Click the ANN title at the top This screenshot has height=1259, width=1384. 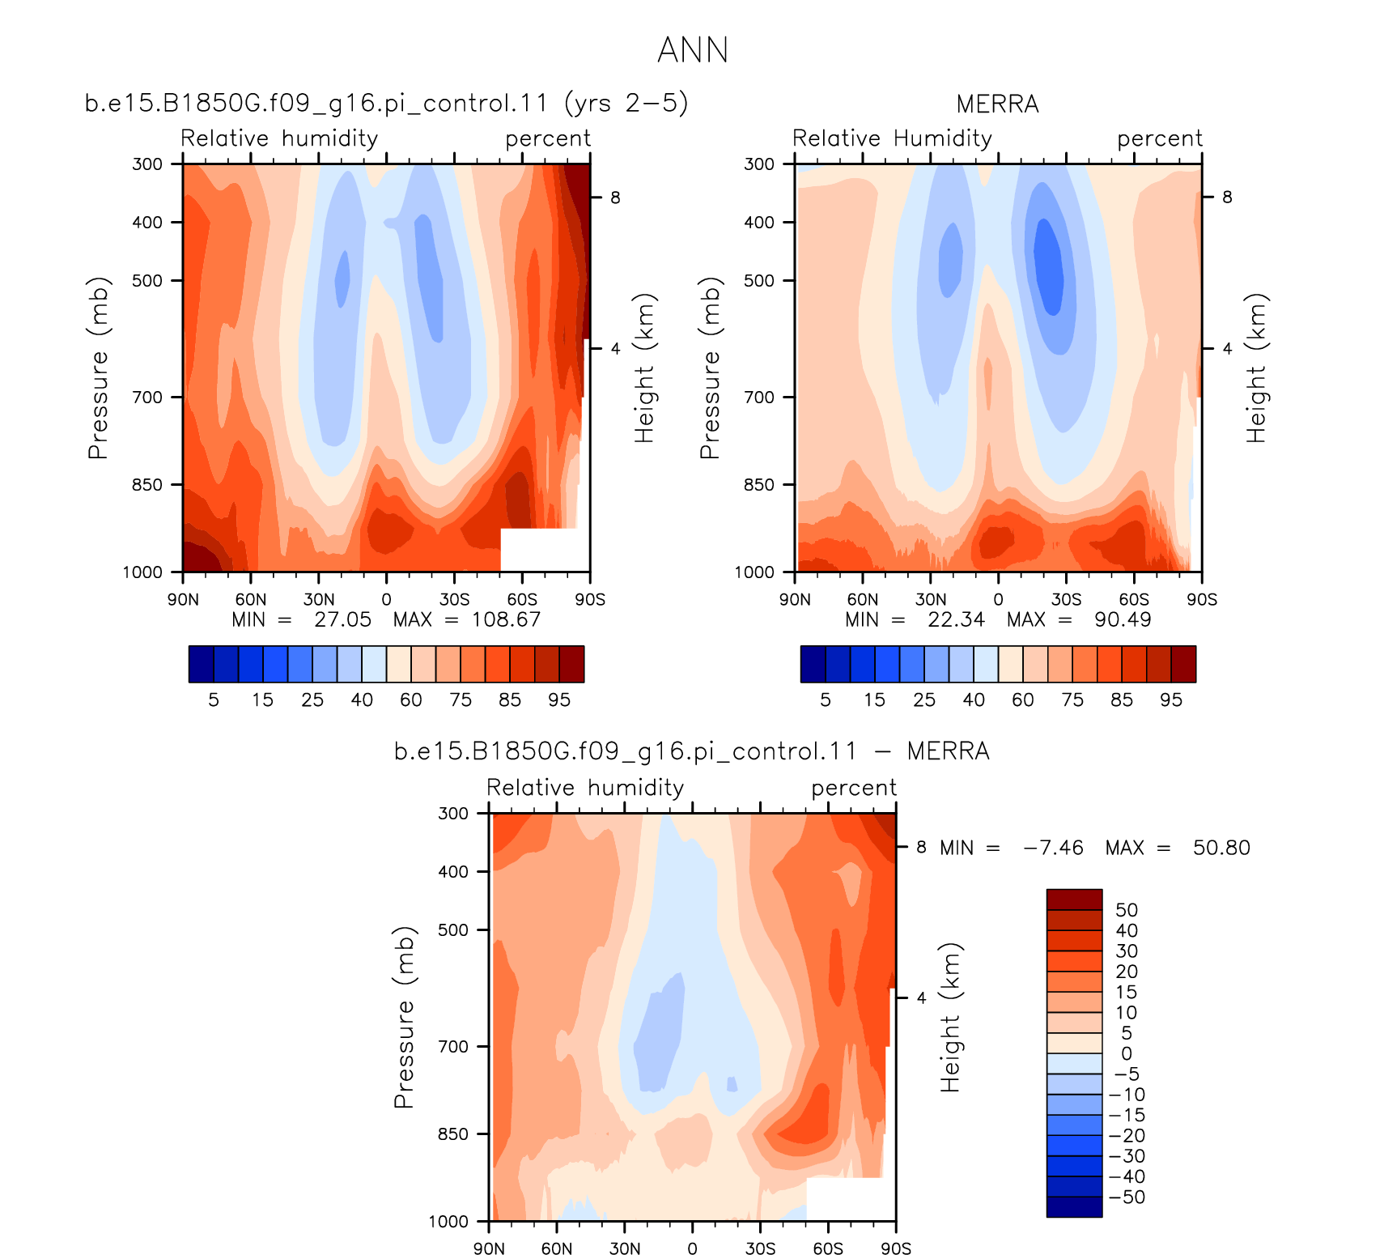click(x=693, y=50)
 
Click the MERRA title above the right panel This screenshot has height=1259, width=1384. click(x=997, y=104)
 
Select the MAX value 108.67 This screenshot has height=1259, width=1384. click(x=507, y=619)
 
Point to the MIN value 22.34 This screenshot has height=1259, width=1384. click(x=957, y=619)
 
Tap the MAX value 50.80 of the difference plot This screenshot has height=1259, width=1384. click(x=1221, y=848)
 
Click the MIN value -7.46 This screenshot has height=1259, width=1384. click(x=1053, y=848)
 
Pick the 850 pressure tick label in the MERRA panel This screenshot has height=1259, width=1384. click(x=759, y=485)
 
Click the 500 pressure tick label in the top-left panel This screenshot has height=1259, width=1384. click(x=147, y=281)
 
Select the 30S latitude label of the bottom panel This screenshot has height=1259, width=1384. click(x=760, y=1248)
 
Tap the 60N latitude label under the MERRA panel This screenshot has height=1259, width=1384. click(x=863, y=600)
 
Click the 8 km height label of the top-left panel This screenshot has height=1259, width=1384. click(x=615, y=198)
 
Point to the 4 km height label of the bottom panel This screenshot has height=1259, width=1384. click(x=921, y=997)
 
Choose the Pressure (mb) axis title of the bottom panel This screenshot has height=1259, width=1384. click(x=404, y=1017)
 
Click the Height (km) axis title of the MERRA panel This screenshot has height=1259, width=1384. click(x=1256, y=368)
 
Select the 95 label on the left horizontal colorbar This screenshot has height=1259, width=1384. click(x=559, y=700)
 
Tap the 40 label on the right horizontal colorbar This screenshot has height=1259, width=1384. click(x=974, y=700)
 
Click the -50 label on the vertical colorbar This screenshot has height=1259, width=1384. click(x=1127, y=1197)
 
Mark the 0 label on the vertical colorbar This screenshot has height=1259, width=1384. click(x=1127, y=1053)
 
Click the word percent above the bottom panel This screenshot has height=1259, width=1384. click(x=854, y=789)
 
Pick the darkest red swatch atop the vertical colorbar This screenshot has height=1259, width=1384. click(x=1074, y=900)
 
